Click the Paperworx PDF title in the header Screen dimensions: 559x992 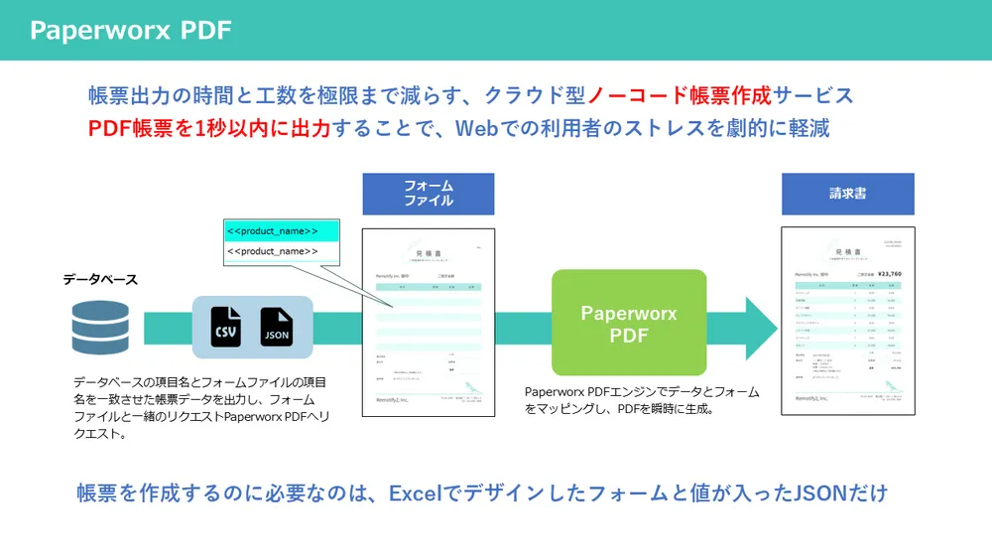pos(130,31)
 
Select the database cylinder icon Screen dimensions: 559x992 pos(100,328)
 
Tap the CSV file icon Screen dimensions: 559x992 pos(226,327)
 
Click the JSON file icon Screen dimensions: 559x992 pos(277,327)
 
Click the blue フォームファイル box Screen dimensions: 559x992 pos(428,194)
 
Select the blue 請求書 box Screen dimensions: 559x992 pos(847,194)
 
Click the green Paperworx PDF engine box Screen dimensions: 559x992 pos(629,324)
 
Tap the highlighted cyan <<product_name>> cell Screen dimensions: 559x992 pos(282,231)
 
